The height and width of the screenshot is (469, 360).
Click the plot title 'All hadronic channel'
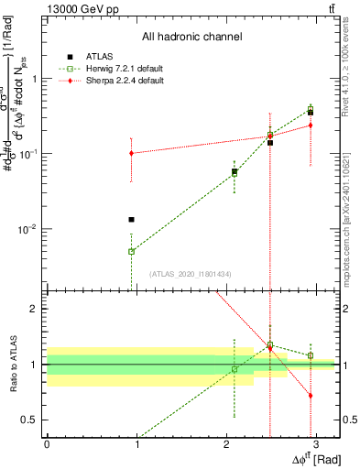(191, 37)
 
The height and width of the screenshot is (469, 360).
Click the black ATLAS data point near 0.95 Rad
(132, 220)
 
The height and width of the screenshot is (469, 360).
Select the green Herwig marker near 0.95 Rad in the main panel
(132, 251)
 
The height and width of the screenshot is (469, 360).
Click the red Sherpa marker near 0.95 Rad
(132, 153)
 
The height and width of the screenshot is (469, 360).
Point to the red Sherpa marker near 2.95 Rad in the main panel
(311, 125)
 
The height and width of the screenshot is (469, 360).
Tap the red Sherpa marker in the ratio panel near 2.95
(311, 396)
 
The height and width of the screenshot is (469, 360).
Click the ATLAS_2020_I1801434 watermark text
(191, 274)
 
